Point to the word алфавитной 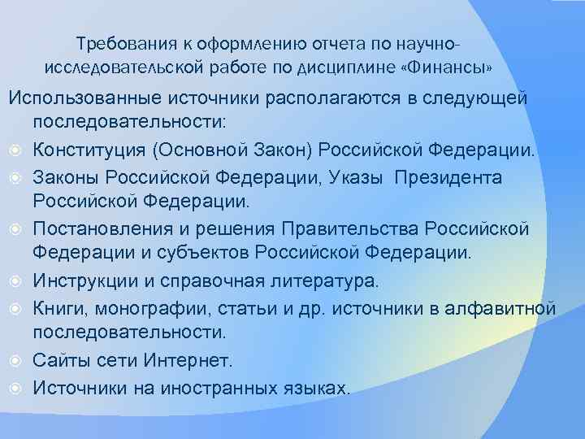(503, 308)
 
